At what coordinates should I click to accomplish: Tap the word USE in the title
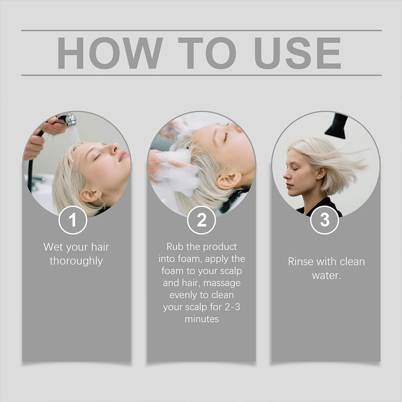click(x=298, y=53)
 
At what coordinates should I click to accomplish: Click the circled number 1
click(x=73, y=220)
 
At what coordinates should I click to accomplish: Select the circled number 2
click(x=201, y=220)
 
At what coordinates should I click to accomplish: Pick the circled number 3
click(x=325, y=220)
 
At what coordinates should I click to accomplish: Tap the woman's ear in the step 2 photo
click(x=229, y=181)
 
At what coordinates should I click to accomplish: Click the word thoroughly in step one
click(x=77, y=261)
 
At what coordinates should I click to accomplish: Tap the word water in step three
click(x=325, y=276)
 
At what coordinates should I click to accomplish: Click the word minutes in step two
click(x=202, y=319)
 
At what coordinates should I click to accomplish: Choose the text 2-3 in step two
click(x=232, y=307)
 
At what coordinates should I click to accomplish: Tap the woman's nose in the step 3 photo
click(x=286, y=175)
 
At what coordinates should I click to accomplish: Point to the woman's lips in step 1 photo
click(x=124, y=155)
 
